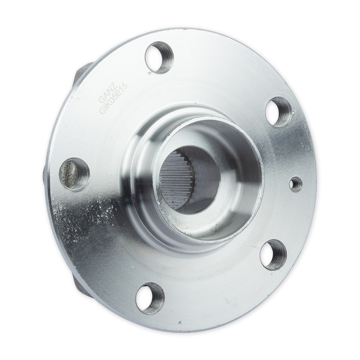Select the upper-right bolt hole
point(279,112)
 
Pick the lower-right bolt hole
point(273,255)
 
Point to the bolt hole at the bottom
point(150,299)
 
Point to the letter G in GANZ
point(101,100)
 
